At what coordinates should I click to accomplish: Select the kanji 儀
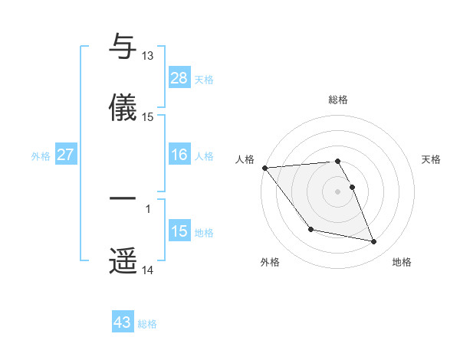(123, 106)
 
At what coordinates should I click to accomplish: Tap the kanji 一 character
(123, 198)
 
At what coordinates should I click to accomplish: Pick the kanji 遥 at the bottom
(123, 260)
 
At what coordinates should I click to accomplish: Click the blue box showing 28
(179, 77)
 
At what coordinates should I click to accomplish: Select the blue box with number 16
(179, 155)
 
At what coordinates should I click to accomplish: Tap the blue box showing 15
(179, 231)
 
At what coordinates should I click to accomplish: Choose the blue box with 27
(65, 155)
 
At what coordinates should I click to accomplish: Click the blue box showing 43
(123, 322)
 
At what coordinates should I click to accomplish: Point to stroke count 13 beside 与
(147, 56)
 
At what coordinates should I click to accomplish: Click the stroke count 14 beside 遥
(147, 270)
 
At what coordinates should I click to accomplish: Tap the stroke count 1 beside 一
(147, 208)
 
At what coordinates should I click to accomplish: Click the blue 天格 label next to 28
(204, 79)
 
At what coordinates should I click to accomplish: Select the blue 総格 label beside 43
(147, 324)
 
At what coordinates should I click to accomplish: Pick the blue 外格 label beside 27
(41, 156)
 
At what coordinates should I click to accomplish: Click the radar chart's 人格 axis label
(245, 159)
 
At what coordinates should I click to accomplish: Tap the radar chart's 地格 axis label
(402, 262)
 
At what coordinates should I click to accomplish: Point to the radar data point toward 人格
(264, 168)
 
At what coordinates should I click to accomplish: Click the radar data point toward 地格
(374, 242)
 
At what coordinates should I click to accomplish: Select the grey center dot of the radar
(338, 191)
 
